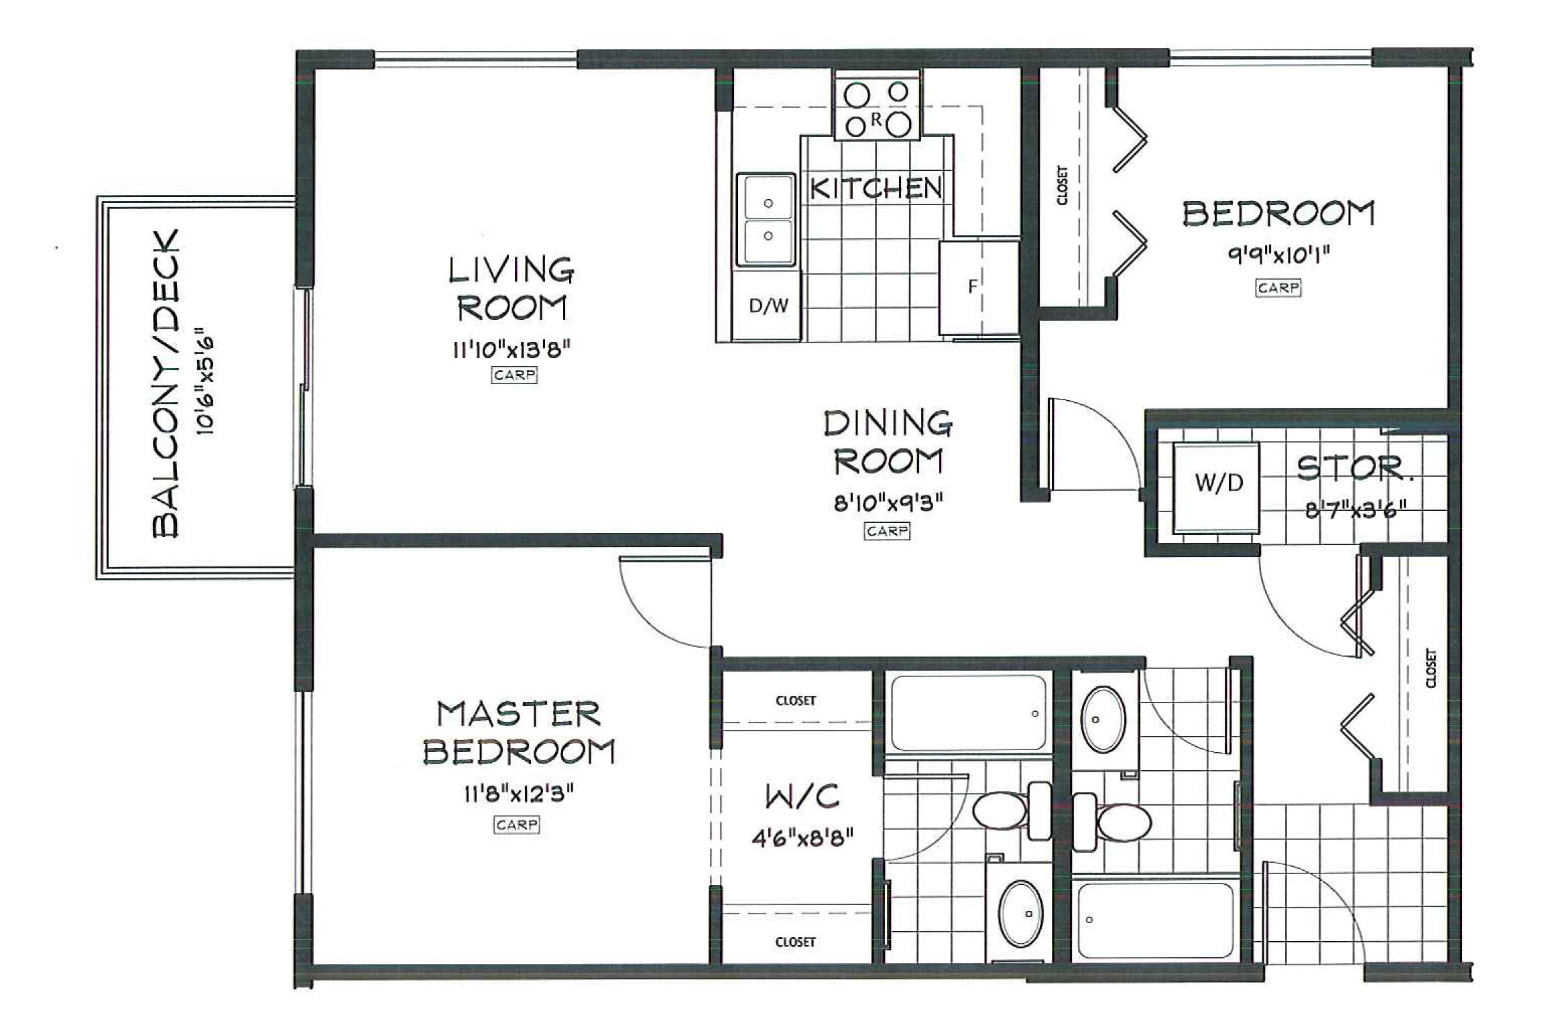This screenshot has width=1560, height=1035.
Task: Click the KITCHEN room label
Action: click(876, 188)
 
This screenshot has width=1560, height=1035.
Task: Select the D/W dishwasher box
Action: click(768, 306)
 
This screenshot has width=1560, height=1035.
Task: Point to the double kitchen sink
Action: click(766, 219)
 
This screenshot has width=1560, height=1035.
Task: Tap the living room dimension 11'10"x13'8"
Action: click(512, 349)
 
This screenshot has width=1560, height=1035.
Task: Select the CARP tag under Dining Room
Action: click(886, 532)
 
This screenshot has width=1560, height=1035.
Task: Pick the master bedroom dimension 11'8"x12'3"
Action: click(518, 795)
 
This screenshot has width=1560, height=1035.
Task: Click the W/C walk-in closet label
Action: click(802, 797)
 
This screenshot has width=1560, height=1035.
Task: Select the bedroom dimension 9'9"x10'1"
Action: click(1278, 255)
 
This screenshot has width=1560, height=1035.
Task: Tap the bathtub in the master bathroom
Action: click(967, 713)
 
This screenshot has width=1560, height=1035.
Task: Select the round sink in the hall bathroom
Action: click(1103, 719)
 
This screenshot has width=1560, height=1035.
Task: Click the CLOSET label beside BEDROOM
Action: click(1061, 186)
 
